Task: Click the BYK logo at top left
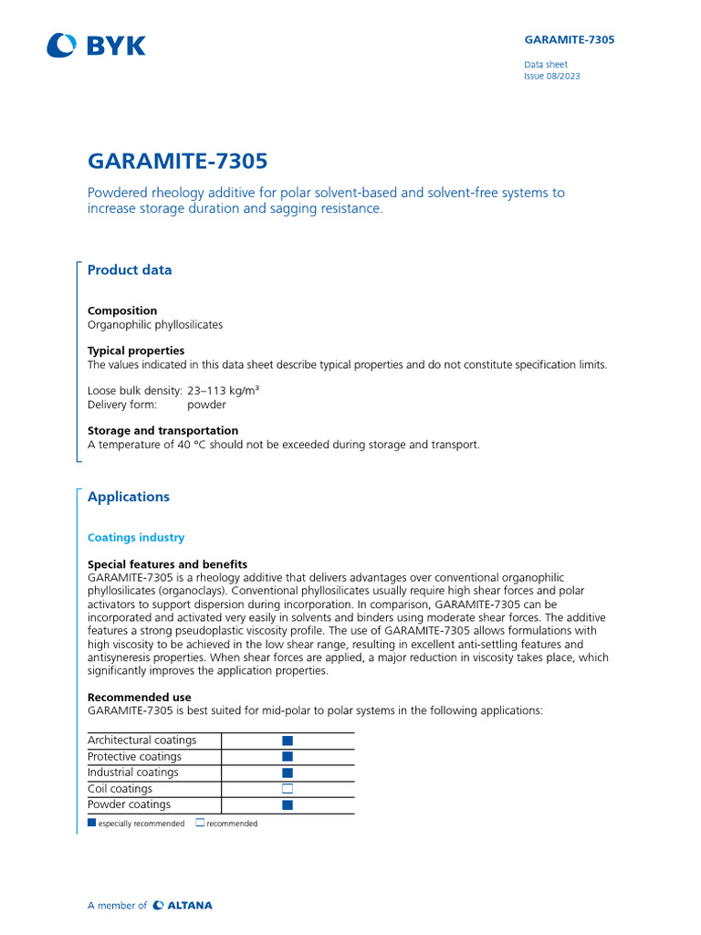[x=96, y=45]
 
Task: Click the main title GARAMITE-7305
[x=177, y=162]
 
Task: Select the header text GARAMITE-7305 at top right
[x=569, y=40]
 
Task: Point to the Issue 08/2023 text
[x=551, y=77]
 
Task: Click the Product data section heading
[x=129, y=269]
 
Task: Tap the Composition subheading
[x=122, y=310]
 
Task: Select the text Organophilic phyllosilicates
[x=155, y=324]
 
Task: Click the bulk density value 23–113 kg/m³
[x=224, y=391]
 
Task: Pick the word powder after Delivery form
[x=205, y=404]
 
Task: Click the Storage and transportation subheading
[x=162, y=430]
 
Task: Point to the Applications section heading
[x=129, y=497]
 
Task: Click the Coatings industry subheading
[x=136, y=538]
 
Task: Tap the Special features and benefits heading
[x=167, y=564]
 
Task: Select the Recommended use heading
[x=140, y=697]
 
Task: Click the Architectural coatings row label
[x=141, y=741]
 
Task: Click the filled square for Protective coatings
[x=288, y=757]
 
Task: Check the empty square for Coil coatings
[x=288, y=789]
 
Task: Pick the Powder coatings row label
[x=129, y=804]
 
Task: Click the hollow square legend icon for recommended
[x=200, y=823]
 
